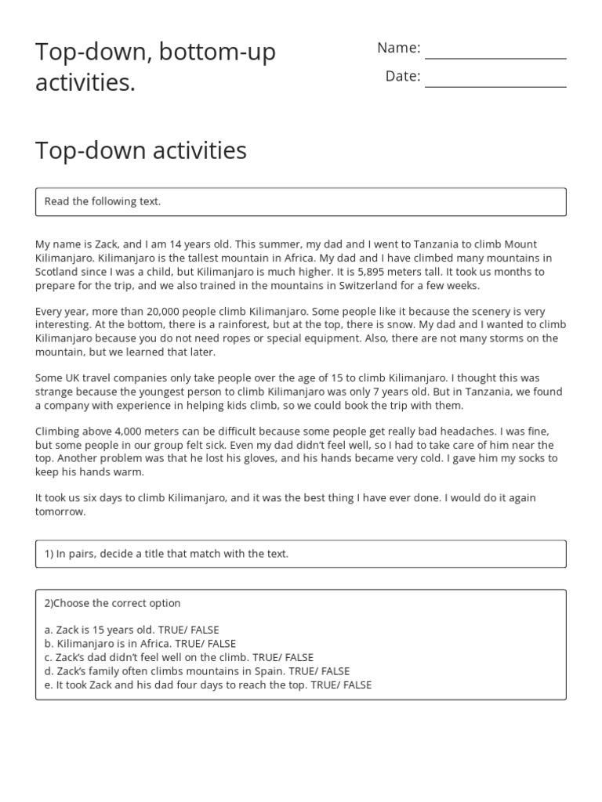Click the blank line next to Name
pos(495,56)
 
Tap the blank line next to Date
pos(495,85)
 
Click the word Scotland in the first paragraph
pos(56,272)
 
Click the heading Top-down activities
pos(141,150)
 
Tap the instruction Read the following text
pos(103,202)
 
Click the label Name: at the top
pos(399,48)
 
